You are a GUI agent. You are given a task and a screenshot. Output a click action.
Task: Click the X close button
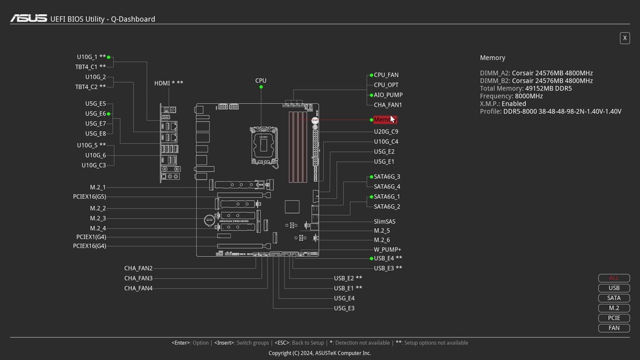624,38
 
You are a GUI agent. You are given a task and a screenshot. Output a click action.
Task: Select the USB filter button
614,288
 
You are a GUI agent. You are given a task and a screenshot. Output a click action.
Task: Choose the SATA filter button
614,298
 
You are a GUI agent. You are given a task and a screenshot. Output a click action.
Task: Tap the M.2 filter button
614,308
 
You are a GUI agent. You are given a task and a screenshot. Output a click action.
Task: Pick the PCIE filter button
614,318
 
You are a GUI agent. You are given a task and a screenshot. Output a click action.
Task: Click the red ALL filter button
614,278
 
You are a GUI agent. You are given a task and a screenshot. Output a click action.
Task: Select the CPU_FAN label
386,75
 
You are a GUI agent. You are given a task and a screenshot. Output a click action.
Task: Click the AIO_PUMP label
388,95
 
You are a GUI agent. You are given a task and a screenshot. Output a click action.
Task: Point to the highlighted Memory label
384,119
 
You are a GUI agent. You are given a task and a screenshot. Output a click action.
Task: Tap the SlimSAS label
384,221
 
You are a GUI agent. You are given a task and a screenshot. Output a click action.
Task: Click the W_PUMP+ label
387,249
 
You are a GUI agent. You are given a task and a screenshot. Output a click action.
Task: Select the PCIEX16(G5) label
89,197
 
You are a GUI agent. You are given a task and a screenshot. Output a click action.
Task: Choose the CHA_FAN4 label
138,288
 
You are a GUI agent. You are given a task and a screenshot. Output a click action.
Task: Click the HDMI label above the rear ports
169,83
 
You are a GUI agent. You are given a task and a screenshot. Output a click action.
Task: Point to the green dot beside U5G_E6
109,114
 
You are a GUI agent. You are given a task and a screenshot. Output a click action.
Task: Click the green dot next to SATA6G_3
371,177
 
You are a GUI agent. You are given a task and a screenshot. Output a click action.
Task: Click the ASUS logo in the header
28,19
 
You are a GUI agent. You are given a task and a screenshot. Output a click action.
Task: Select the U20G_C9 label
386,132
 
